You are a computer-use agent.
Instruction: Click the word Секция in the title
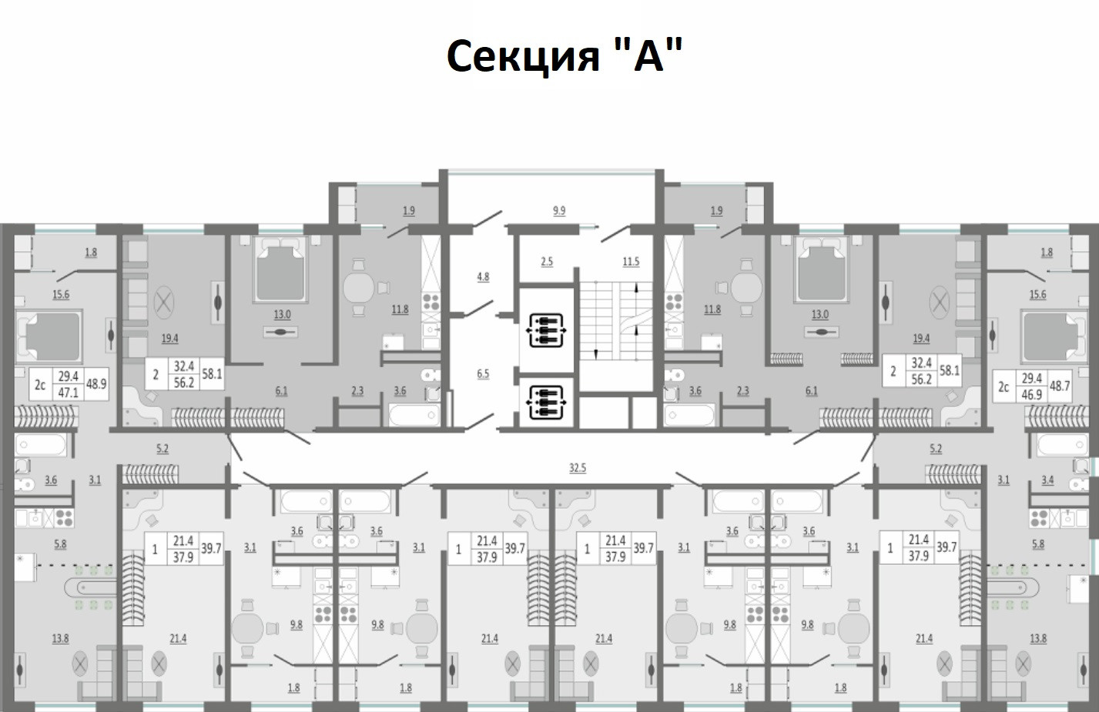coord(523,55)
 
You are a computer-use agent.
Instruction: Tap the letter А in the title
coord(648,55)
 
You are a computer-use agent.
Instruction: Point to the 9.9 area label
coord(559,210)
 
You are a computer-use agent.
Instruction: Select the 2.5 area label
coord(547,262)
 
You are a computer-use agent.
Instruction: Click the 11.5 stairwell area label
coord(631,262)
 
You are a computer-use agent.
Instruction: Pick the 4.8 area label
coord(483,276)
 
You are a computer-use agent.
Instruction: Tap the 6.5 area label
coord(483,373)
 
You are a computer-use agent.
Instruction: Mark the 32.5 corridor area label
coord(577,467)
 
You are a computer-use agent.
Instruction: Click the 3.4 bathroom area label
coord(1047,480)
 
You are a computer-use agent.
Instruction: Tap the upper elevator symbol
coord(546,329)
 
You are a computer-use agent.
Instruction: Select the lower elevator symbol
coord(546,402)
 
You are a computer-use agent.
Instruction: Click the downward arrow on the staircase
coord(596,353)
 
